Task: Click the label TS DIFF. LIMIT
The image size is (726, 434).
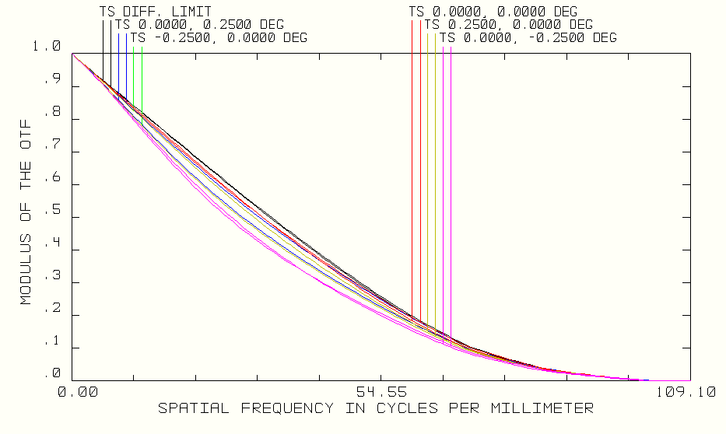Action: (x=155, y=12)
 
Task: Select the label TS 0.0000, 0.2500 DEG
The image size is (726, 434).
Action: (x=199, y=25)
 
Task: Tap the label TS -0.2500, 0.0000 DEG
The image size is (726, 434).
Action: (x=219, y=37)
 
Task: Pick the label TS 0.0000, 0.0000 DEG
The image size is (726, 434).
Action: (x=493, y=12)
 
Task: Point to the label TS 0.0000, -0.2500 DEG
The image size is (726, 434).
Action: (x=528, y=37)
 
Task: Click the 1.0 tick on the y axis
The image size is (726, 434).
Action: (x=46, y=47)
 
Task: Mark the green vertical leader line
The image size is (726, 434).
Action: (x=142, y=78)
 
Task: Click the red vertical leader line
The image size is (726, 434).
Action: (x=420, y=156)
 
